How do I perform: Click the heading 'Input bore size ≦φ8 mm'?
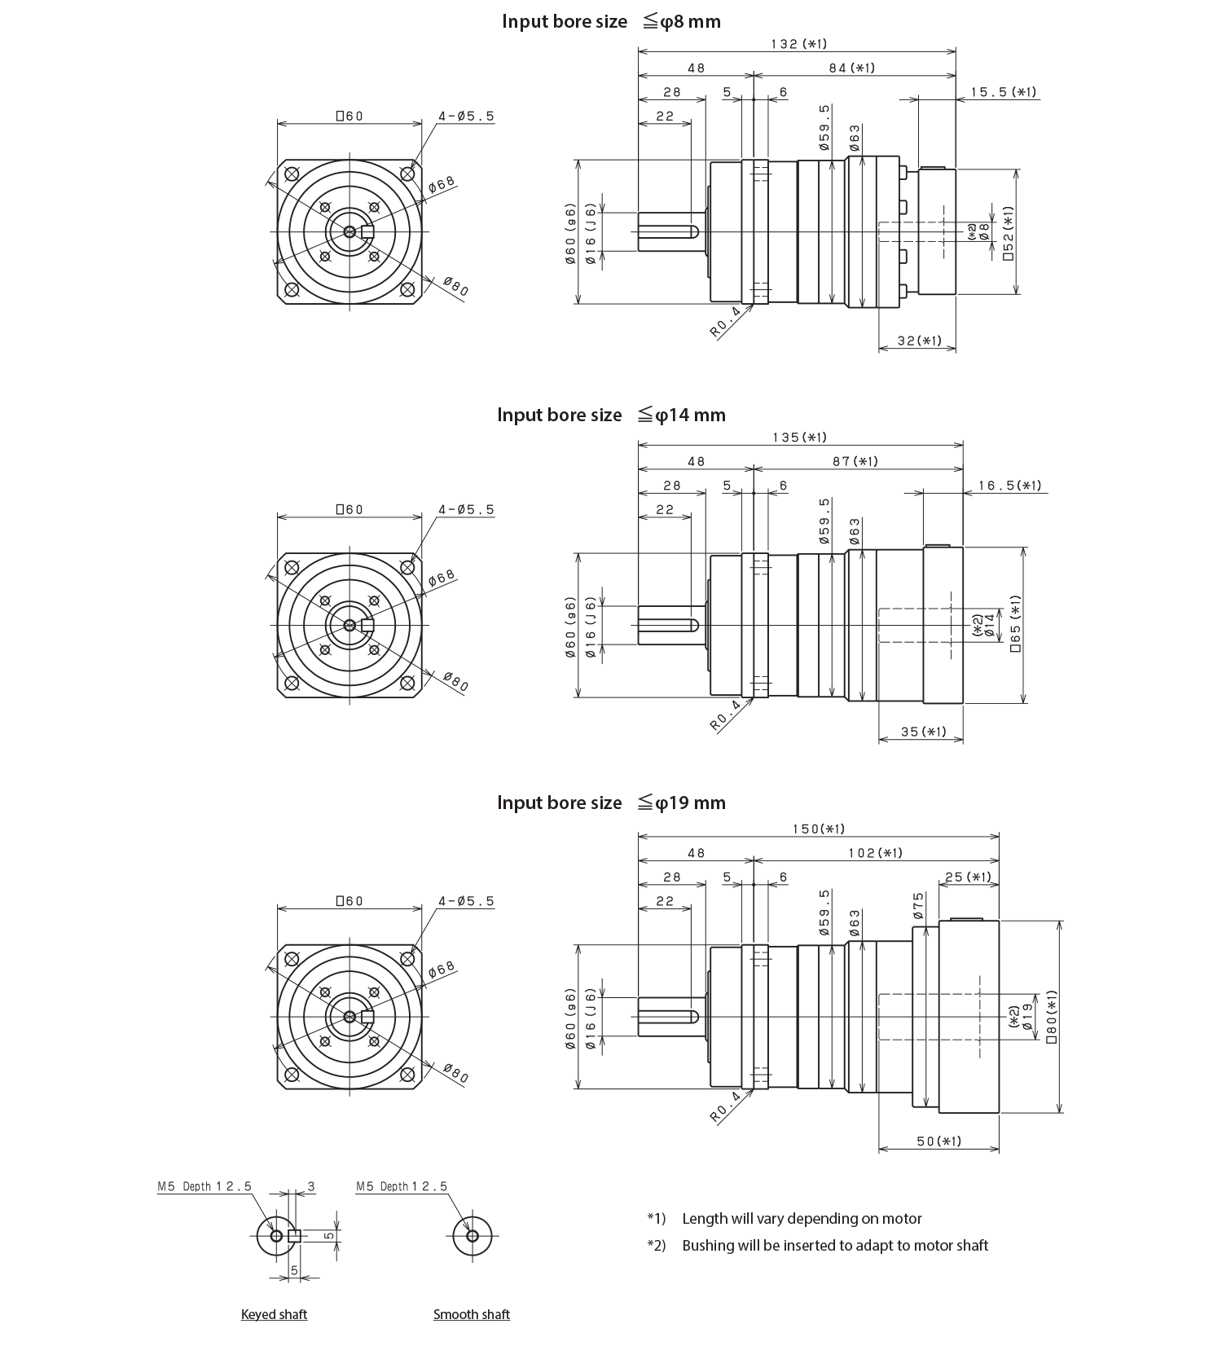pyautogui.click(x=611, y=21)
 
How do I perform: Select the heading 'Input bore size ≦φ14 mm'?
pyautogui.click(x=611, y=415)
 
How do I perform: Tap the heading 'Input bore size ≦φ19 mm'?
pyautogui.click(x=611, y=803)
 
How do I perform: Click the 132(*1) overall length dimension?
pyautogui.click(x=798, y=44)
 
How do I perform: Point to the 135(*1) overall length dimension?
pyautogui.click(x=799, y=438)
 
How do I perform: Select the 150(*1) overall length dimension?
pyautogui.click(x=819, y=829)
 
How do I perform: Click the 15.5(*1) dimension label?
pyautogui.click(x=1004, y=92)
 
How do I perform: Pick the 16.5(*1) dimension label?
pyautogui.click(x=1010, y=486)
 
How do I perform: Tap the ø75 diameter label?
pyautogui.click(x=918, y=905)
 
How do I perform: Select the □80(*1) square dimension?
pyautogui.click(x=1052, y=1017)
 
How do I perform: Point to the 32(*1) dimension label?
pyautogui.click(x=919, y=341)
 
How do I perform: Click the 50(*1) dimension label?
pyautogui.click(x=938, y=1141)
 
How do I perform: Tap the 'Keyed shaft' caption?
pyautogui.click(x=274, y=1314)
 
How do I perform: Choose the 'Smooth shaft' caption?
pyautogui.click(x=472, y=1314)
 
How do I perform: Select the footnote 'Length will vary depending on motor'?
pyautogui.click(x=802, y=1219)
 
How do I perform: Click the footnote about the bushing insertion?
pyautogui.click(x=835, y=1245)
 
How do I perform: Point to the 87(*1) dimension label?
pyautogui.click(x=855, y=462)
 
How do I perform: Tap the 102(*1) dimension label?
pyautogui.click(x=875, y=853)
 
